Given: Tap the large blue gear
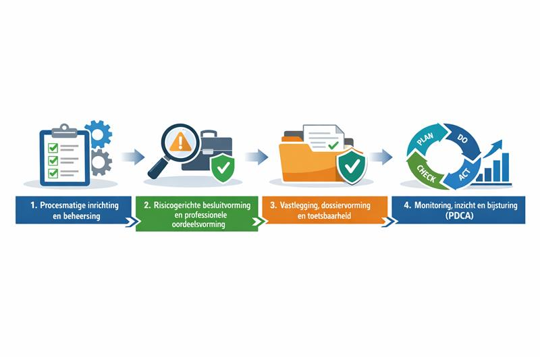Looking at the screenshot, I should click(x=99, y=134).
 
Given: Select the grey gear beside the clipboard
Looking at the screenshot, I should click(x=100, y=162).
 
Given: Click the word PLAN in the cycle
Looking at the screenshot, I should click(x=425, y=139).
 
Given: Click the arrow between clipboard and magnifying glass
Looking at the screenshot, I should click(x=134, y=157).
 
